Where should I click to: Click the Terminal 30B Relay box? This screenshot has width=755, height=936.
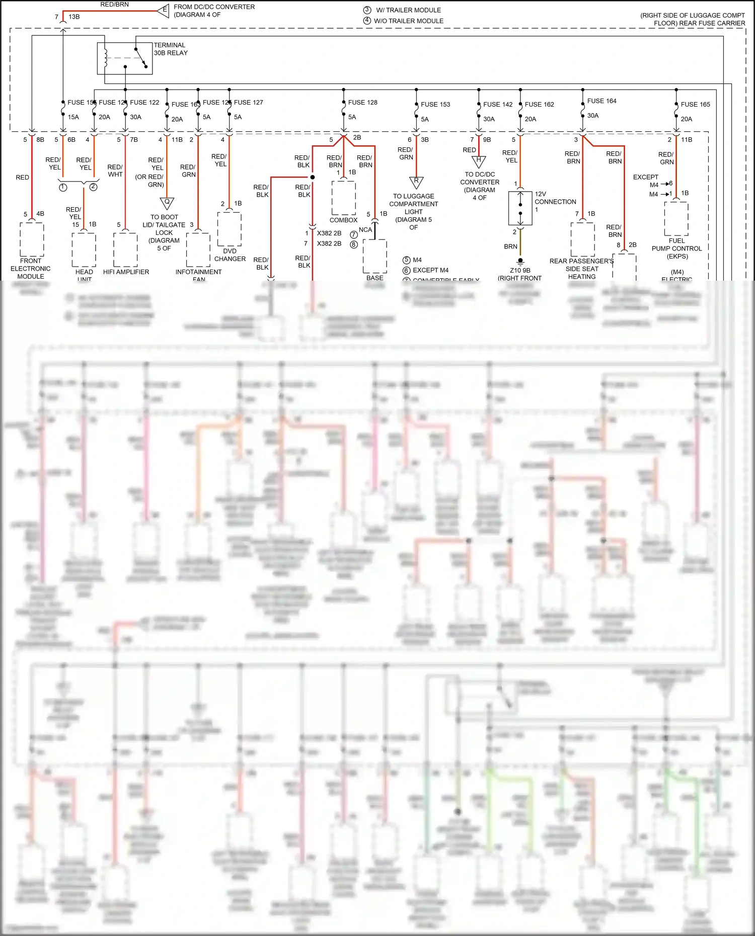[125, 58]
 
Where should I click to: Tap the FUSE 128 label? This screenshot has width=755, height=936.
[362, 102]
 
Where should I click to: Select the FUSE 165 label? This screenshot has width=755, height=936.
[695, 104]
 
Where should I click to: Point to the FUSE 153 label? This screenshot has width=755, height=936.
[435, 104]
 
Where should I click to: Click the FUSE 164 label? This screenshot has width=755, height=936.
[601, 101]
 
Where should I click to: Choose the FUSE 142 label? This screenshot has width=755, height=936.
[498, 104]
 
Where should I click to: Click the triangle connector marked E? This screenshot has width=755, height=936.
[164, 10]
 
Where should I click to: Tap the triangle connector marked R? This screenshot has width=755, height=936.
[416, 182]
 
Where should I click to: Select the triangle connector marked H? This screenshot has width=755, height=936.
[479, 161]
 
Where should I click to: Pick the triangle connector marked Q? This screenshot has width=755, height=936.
[167, 203]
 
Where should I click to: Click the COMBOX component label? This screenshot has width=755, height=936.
[343, 220]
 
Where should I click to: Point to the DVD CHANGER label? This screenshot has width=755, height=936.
[230, 255]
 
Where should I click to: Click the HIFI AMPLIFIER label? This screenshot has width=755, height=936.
[126, 272]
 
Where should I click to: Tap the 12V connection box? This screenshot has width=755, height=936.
[520, 208]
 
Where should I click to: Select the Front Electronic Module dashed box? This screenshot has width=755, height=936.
[32, 239]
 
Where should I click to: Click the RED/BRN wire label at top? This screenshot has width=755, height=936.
[114, 5]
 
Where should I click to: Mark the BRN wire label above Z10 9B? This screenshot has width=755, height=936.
[510, 246]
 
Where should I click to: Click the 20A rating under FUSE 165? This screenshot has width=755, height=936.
[687, 119]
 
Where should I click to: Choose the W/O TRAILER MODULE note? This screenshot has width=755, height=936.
[408, 21]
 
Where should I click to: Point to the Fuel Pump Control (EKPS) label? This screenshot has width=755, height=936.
[676, 248]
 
